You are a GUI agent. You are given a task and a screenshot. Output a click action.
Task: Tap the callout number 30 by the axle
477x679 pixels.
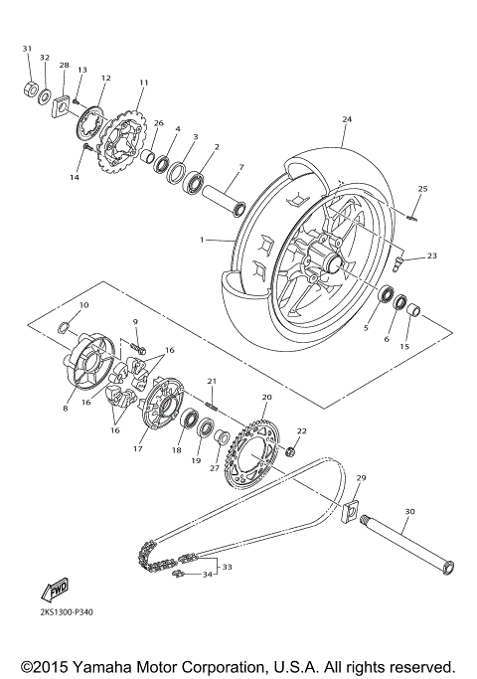point(408,513)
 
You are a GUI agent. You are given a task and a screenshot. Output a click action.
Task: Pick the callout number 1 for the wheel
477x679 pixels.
point(202,240)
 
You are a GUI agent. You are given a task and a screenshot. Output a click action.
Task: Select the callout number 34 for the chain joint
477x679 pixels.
point(207,574)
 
